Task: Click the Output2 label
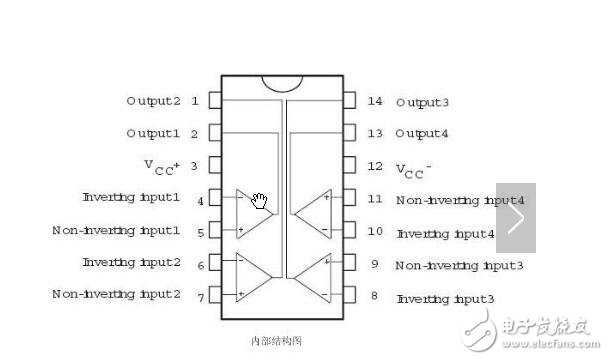coord(153,101)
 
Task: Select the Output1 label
coord(153,133)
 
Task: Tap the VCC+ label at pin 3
coord(164,166)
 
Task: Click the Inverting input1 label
coord(131,198)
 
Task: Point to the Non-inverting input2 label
coord(116,294)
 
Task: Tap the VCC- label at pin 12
coord(414,167)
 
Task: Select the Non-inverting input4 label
coord(446,200)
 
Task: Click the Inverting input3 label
coord(445,298)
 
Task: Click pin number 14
coord(375,101)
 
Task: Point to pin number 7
coord(201,296)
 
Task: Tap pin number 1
coord(194,101)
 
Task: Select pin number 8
coord(374,296)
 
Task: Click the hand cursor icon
coord(260,202)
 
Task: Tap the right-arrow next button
coord(516,217)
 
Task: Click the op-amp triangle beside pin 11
coord(315,211)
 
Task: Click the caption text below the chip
coord(283,340)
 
